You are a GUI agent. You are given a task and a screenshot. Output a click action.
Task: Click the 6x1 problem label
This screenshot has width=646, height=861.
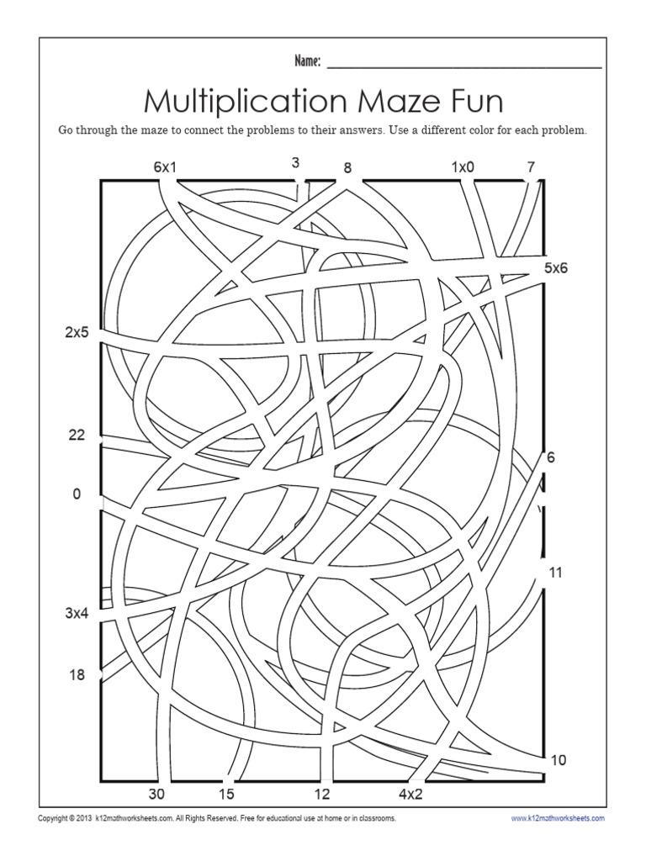coord(165,166)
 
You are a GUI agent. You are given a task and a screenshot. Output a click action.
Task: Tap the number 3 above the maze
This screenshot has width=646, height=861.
coord(296,162)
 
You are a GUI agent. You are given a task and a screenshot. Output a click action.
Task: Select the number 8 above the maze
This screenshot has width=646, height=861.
coord(347,167)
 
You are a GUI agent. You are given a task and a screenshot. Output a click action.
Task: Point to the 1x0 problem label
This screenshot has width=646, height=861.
coord(463,166)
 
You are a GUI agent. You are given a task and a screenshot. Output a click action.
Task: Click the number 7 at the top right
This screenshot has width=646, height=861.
coord(531,166)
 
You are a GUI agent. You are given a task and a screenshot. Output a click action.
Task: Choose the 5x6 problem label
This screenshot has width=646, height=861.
coord(556,268)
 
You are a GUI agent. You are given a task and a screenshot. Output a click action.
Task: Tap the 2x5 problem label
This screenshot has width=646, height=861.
coord(77,331)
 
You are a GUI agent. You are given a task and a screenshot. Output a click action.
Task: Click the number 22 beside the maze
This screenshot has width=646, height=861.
coord(77,435)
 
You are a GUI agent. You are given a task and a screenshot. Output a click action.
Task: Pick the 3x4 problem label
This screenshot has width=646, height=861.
coord(77,613)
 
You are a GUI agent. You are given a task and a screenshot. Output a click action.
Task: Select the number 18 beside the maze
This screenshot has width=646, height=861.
coord(77,674)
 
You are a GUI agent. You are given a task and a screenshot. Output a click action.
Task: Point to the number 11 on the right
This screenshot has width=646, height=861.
coord(555,573)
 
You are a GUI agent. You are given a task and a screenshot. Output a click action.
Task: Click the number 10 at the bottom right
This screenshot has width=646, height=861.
coord(558,760)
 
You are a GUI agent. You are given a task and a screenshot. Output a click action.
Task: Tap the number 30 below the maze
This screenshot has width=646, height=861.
coord(157,794)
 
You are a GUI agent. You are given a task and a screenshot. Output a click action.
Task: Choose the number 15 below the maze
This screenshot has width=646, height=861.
coord(226,794)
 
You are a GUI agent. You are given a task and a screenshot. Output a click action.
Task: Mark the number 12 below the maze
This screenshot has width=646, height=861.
coord(322,794)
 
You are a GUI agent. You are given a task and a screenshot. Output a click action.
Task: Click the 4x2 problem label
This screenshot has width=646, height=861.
coord(410,794)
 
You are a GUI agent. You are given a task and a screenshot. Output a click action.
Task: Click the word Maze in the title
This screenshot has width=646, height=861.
coord(401,102)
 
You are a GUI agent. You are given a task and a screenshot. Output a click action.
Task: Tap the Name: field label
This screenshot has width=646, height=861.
coord(307,61)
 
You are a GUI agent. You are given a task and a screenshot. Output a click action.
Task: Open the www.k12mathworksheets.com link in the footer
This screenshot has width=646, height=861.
coord(558,817)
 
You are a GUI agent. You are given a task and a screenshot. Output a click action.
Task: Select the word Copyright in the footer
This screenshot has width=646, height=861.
coord(56,817)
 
